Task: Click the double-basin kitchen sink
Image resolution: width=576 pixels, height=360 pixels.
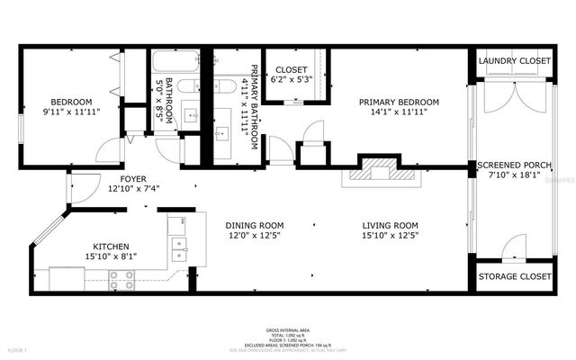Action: (178, 244)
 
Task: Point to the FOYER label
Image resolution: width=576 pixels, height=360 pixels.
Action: (133, 179)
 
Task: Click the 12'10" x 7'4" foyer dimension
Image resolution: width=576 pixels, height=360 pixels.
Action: (133, 190)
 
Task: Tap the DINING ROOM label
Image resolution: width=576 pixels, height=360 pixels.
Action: (255, 225)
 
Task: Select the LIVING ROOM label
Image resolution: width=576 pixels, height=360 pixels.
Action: (391, 225)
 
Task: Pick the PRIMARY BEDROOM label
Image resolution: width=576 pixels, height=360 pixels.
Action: (398, 102)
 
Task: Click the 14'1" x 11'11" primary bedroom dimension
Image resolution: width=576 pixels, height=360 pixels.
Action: (398, 112)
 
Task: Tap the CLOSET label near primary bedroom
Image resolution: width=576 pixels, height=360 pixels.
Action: (292, 69)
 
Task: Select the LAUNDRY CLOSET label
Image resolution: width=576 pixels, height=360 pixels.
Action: (513, 62)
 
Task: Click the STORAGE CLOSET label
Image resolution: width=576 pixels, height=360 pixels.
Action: (513, 276)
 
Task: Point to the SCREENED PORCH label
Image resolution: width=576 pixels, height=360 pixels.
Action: (514, 166)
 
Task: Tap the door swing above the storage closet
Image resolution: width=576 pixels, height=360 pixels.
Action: (514, 246)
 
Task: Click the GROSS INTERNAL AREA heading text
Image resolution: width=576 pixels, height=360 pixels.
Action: (287, 330)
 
